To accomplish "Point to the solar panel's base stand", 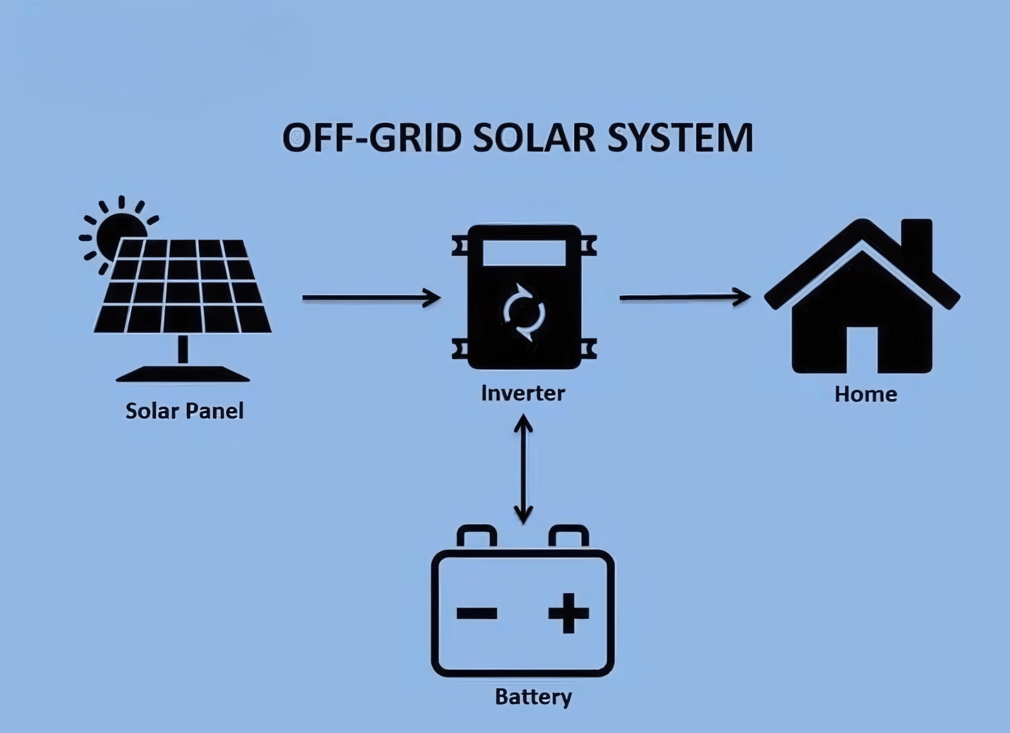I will click(x=183, y=373).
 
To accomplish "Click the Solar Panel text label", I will click(x=184, y=411).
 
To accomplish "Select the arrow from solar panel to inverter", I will click(x=371, y=297).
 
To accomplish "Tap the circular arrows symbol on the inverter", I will click(x=523, y=312).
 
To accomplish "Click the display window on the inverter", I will click(x=523, y=255).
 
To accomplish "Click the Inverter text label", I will click(x=523, y=393).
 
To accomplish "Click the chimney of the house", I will click(x=916, y=241).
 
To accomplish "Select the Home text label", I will click(x=865, y=394).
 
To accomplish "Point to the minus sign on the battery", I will click(x=477, y=614).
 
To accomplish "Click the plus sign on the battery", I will click(x=568, y=613).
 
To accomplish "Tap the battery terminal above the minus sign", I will click(x=476, y=536).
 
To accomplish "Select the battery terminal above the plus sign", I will click(x=569, y=536).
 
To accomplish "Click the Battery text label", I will click(x=534, y=697).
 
